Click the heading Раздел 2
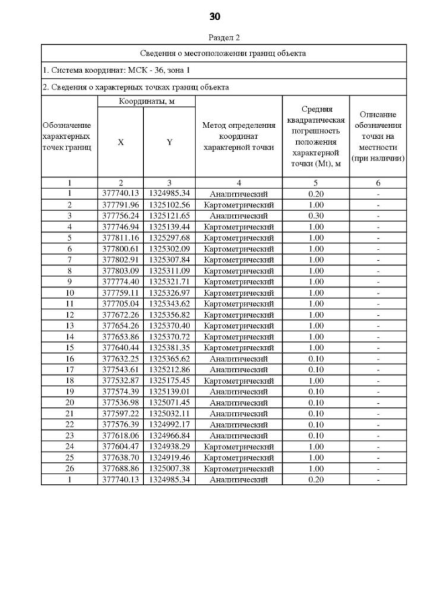(223, 38)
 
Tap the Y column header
(169, 142)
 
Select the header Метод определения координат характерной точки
(239, 135)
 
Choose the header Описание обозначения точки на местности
(379, 137)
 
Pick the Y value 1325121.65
(169, 215)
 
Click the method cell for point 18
(239, 380)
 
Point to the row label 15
(69, 347)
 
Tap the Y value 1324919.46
(169, 457)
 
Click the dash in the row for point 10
(379, 292)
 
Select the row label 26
(69, 468)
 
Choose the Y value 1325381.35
(169, 347)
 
